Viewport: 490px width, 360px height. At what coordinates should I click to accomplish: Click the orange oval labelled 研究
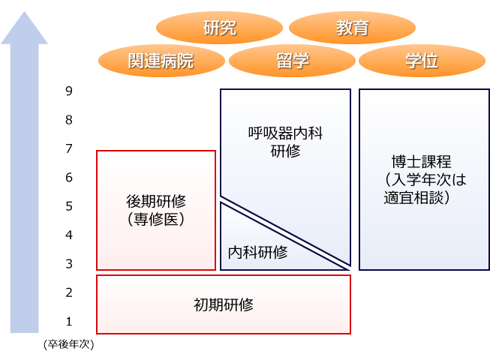coord(220,28)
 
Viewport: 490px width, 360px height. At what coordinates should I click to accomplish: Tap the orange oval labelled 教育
coord(353,28)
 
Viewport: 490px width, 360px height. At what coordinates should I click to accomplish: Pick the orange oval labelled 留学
coord(292,61)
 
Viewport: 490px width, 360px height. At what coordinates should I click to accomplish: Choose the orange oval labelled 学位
coord(420,61)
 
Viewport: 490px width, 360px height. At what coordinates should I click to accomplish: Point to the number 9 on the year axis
coord(69,91)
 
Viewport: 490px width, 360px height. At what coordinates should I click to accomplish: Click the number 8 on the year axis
coord(69,120)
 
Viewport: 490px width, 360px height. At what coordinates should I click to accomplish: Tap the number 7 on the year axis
coord(69,149)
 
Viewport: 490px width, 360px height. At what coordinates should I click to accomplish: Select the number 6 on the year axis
coord(69,178)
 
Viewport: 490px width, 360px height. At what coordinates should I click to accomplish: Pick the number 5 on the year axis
coord(69,206)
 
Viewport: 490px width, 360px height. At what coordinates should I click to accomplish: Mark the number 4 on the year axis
coord(69,235)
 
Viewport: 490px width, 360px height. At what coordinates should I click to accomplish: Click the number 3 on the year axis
coord(69,264)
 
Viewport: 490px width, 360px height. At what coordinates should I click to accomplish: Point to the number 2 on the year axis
coord(69,292)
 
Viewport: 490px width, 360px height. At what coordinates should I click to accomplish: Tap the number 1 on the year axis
coord(69,322)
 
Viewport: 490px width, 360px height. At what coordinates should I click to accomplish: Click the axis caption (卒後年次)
coord(69,345)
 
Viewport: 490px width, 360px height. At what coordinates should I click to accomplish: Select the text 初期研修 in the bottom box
coord(224,305)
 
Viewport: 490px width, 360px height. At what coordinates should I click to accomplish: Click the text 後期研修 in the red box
coord(156,202)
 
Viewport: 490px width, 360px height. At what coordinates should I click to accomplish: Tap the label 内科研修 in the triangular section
coord(257,253)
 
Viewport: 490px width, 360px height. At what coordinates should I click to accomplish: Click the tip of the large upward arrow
coord(24,13)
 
